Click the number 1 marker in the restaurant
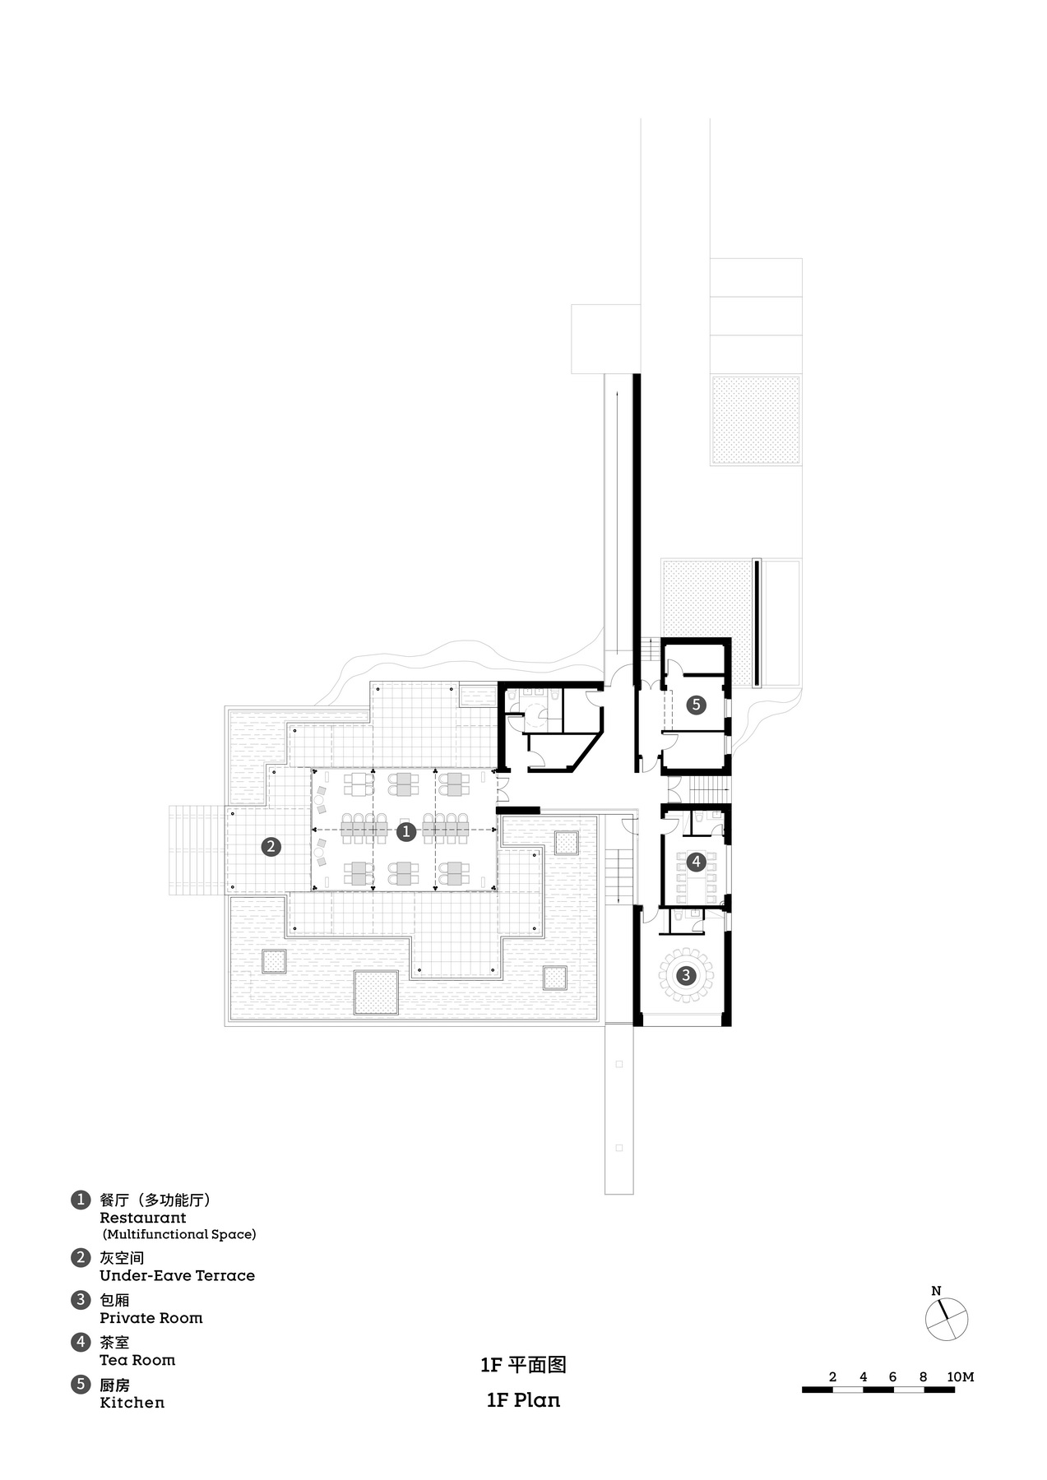(405, 831)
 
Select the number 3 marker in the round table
(685, 975)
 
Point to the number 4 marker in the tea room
(696, 862)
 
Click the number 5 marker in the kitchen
(696, 704)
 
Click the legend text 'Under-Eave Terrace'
(177, 1275)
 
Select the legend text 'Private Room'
(151, 1317)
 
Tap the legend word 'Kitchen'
(132, 1402)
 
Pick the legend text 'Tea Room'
(137, 1360)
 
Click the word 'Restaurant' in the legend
(142, 1218)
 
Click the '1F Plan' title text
(523, 1400)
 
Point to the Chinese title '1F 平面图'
(523, 1365)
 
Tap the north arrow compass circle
(946, 1320)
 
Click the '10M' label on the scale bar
(960, 1376)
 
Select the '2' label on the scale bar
(832, 1376)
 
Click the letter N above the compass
(936, 1291)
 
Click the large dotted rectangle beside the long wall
(756, 420)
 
